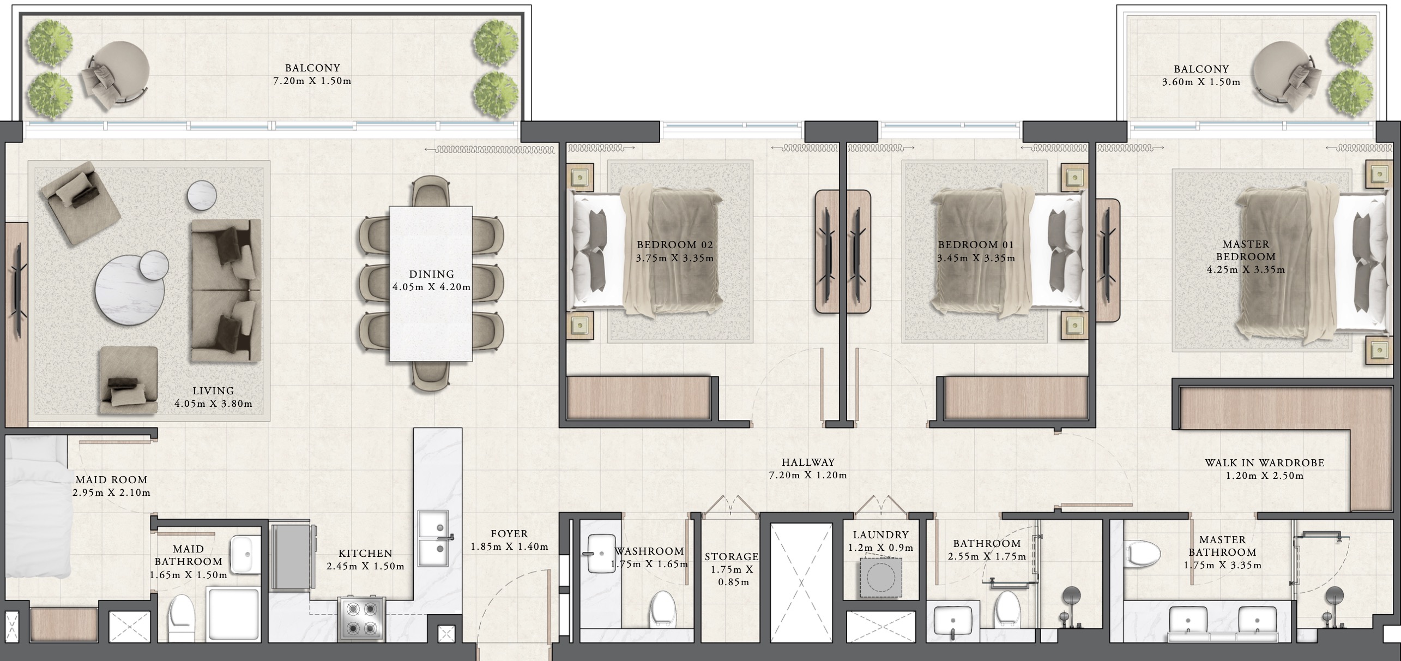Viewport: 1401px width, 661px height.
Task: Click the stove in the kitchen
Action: (361, 618)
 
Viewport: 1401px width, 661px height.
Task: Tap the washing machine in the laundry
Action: (880, 578)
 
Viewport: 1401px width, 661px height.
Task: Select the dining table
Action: (431, 284)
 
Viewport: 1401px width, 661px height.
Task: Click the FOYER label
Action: (509, 534)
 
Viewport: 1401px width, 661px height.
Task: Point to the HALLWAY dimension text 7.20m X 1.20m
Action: (808, 475)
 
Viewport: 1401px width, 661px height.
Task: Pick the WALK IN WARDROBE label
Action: (1265, 463)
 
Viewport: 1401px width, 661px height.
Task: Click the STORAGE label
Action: (732, 557)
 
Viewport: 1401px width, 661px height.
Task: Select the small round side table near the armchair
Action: (202, 195)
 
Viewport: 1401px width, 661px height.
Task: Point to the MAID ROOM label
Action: (111, 480)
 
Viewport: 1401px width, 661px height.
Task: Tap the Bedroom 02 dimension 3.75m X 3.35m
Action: (674, 258)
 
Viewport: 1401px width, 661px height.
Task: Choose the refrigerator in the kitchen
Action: (292, 557)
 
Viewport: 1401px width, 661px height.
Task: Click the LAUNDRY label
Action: (881, 535)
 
